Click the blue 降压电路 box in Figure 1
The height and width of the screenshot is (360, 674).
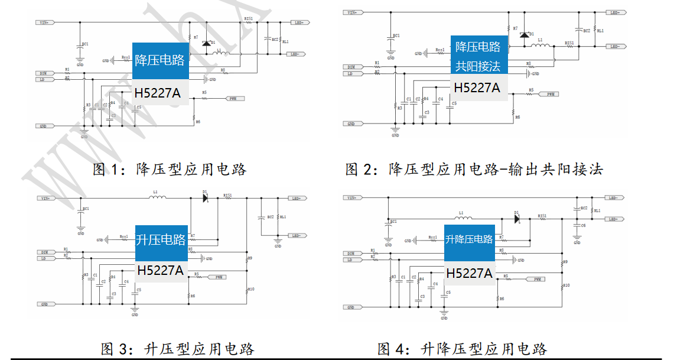(160, 60)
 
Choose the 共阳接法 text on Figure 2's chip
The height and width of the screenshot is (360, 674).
(478, 66)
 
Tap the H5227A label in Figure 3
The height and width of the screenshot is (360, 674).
(161, 271)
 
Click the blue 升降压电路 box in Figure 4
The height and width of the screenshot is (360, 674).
(469, 239)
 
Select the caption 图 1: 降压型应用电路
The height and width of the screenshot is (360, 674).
(170, 170)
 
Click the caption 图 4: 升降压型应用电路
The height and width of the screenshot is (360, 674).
(462, 349)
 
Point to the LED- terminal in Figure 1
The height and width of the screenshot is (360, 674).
(297, 54)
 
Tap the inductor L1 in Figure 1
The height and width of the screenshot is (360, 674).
(220, 54)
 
